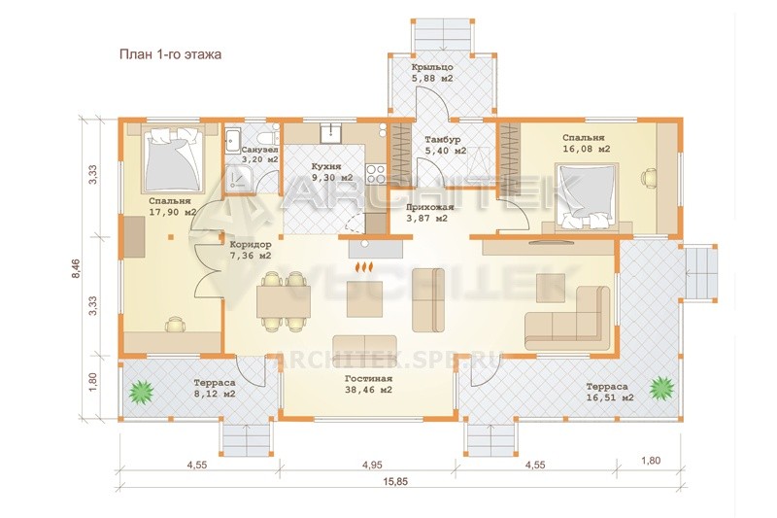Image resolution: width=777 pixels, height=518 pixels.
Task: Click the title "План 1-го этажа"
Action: [170, 54]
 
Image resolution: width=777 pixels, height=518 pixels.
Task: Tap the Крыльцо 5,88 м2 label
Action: [432, 72]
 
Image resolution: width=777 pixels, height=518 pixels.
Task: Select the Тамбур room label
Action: [443, 140]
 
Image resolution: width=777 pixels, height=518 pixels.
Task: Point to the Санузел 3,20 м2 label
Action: [259, 155]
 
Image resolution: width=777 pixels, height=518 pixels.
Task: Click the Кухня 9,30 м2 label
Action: [331, 172]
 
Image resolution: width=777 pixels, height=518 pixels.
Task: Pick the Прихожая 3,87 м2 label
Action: [427, 213]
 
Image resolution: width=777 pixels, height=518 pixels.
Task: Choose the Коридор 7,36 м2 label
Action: [251, 251]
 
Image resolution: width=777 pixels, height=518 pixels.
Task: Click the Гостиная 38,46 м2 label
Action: [368, 384]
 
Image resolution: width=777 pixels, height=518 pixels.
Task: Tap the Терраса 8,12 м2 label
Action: [215, 389]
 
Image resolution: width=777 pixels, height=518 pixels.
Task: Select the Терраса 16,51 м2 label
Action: [607, 392]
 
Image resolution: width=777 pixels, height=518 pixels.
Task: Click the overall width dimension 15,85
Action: [395, 482]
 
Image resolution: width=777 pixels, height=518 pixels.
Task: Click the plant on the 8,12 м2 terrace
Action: [142, 391]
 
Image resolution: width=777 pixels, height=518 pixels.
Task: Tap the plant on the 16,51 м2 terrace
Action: [662, 387]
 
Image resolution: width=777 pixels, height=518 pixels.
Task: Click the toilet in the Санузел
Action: [269, 136]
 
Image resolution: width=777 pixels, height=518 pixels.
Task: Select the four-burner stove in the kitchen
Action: [376, 174]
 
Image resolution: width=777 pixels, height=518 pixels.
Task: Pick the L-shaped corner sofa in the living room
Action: [568, 317]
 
